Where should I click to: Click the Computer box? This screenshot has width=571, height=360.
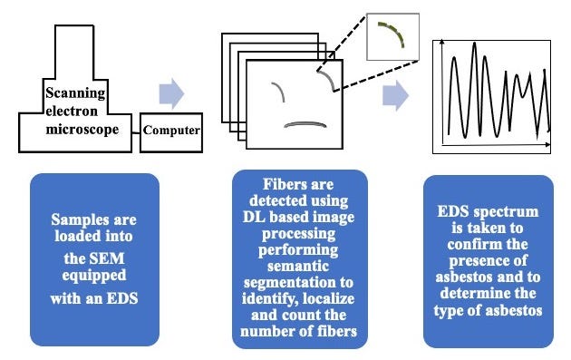coord(169,131)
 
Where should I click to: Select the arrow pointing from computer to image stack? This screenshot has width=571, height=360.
coord(171,92)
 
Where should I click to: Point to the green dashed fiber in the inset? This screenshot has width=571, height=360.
coord(392,34)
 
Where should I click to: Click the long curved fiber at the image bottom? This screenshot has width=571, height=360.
coord(304,123)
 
